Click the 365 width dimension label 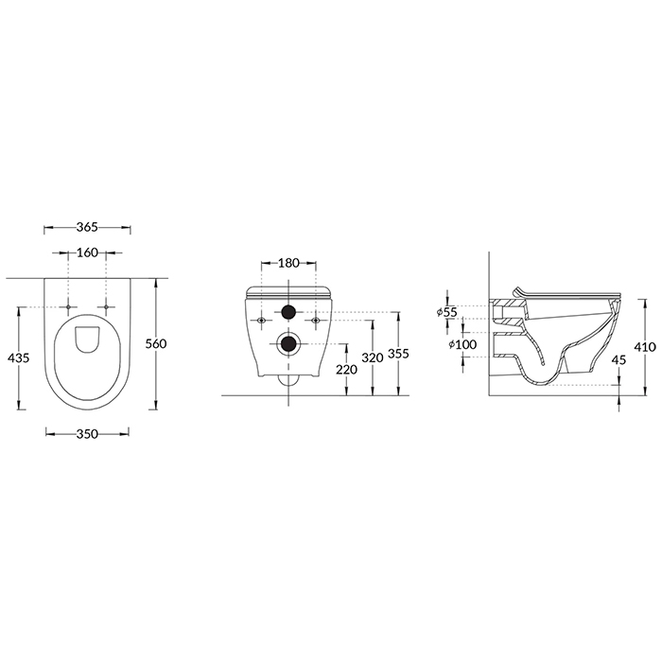point(87,227)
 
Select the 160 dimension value point(87,253)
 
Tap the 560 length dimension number point(156,344)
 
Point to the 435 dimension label point(19,358)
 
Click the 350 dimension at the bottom point(87,433)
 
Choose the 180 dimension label point(288,263)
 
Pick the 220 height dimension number point(347,370)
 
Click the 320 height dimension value point(373,357)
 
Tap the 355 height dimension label point(398,354)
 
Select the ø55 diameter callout point(447,312)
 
